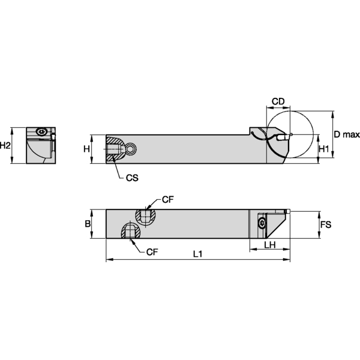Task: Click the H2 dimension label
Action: (6, 145)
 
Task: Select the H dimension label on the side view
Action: (86, 148)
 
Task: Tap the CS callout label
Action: (133, 178)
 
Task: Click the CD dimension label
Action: (278, 102)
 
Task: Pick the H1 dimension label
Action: (323, 148)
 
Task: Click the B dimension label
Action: (88, 224)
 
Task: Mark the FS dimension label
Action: (325, 224)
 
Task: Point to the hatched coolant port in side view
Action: (115, 149)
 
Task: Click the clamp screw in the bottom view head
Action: (262, 224)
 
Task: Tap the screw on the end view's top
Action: (41, 131)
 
